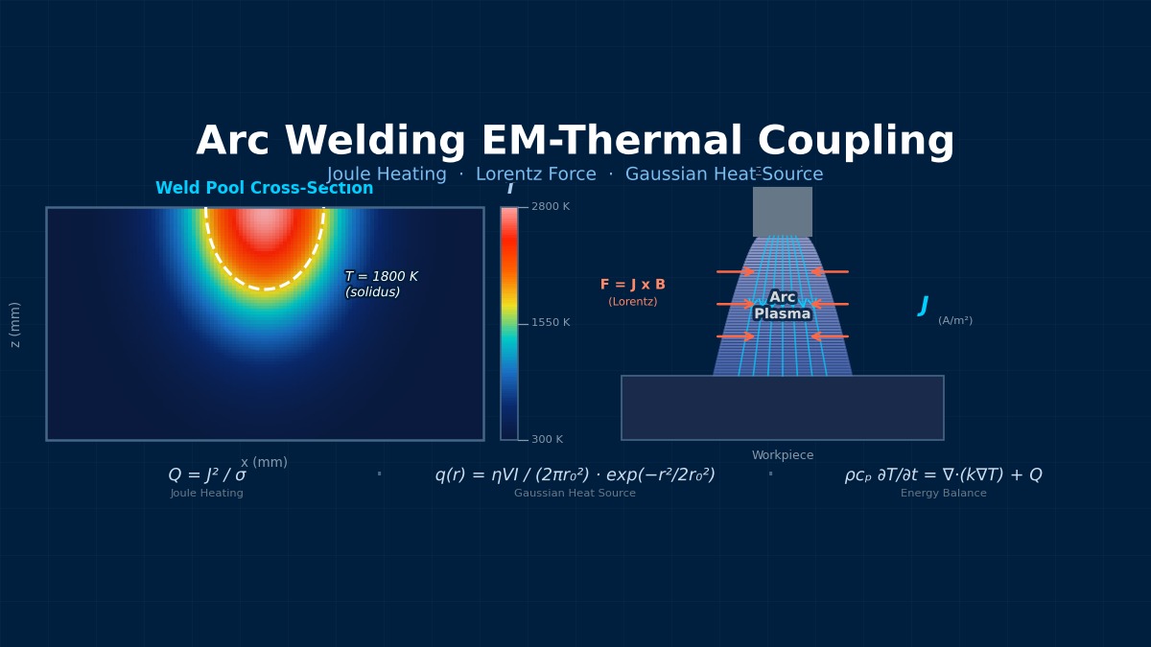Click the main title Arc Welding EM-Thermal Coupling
pos(575,142)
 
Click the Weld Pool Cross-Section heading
pos(264,189)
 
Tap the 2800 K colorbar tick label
pos(550,207)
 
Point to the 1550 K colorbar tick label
pos(550,323)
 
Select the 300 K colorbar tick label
pos(547,440)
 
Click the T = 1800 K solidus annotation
pos(381,285)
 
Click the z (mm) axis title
pos(15,324)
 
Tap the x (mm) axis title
pos(264,463)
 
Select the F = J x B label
pos(632,285)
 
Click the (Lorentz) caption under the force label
pos(632,302)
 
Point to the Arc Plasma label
pos(782,306)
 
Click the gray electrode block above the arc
pos(782,211)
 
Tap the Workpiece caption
pos(782,455)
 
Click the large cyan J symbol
pos(923,306)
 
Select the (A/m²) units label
pos(954,321)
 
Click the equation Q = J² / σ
pos(207,475)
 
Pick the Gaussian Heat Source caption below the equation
pos(575,494)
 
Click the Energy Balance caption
pos(943,494)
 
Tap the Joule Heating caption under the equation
pos(207,494)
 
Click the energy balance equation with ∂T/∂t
pos(943,475)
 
